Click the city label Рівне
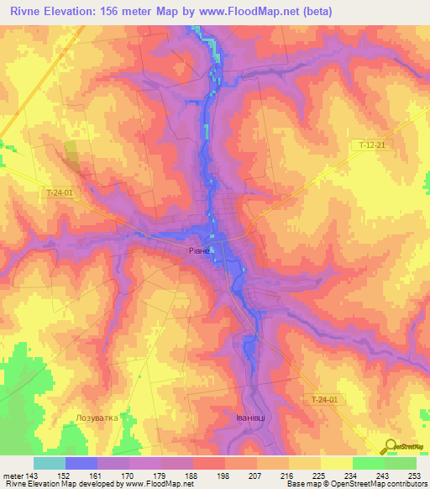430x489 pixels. (x=198, y=250)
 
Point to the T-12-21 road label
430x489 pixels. (x=370, y=146)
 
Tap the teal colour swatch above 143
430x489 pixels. (x=50, y=463)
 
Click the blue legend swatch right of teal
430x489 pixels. (x=81, y=463)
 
